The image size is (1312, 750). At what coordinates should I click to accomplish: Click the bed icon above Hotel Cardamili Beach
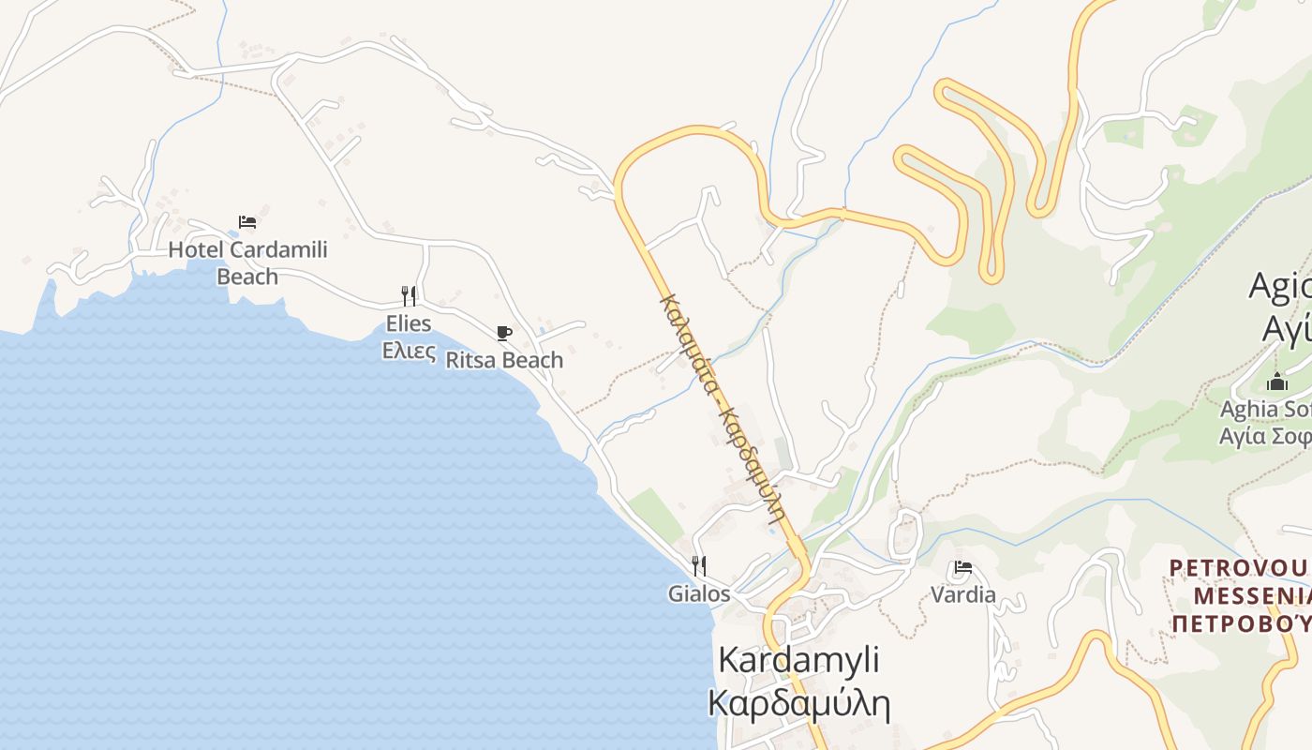(x=247, y=222)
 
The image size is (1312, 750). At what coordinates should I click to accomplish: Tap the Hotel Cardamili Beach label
(x=247, y=262)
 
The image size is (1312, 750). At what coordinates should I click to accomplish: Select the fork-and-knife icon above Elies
(x=409, y=296)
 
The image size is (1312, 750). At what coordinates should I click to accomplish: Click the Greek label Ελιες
(x=409, y=351)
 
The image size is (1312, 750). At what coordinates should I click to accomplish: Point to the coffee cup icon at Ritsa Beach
(x=504, y=333)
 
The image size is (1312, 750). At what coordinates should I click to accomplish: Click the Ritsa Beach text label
(x=504, y=360)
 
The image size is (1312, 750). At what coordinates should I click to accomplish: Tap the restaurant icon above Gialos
(x=698, y=565)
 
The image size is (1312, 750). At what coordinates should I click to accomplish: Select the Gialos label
(x=698, y=593)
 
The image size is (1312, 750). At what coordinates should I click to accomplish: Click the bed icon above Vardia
(x=962, y=567)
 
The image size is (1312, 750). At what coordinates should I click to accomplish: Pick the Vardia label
(x=962, y=594)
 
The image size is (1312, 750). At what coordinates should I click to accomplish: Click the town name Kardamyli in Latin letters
(x=798, y=659)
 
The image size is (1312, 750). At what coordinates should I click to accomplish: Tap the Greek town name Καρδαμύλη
(x=798, y=702)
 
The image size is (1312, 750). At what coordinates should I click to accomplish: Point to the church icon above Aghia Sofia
(x=1276, y=382)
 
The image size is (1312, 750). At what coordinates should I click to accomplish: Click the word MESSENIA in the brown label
(x=1251, y=596)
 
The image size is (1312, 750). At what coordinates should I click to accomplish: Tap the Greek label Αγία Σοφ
(x=1263, y=436)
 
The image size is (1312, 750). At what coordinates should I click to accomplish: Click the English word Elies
(x=409, y=323)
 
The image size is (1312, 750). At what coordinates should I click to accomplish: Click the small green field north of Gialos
(x=656, y=515)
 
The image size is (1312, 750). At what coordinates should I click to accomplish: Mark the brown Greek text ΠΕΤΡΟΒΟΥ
(x=1242, y=623)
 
